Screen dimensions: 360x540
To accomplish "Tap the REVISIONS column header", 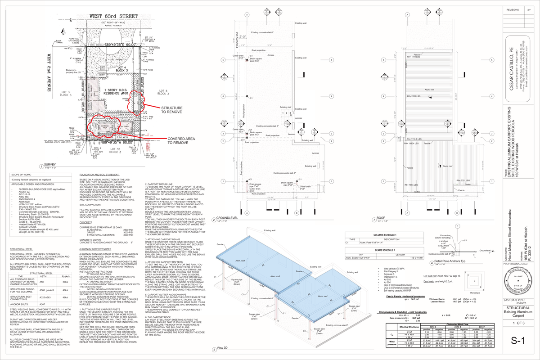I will point(513,9).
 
